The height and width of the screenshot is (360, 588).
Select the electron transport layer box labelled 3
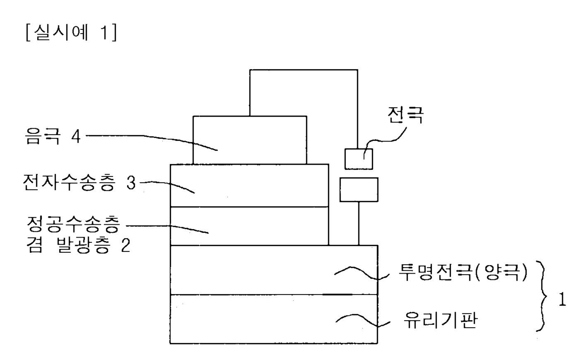[249, 185]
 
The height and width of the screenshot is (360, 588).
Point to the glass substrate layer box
[274, 319]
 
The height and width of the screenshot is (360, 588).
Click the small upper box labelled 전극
[359, 159]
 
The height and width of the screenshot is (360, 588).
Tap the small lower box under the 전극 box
[359, 189]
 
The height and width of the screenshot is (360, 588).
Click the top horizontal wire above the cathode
[304, 70]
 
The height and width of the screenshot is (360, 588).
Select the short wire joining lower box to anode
[359, 223]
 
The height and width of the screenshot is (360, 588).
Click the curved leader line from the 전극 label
[384, 138]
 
